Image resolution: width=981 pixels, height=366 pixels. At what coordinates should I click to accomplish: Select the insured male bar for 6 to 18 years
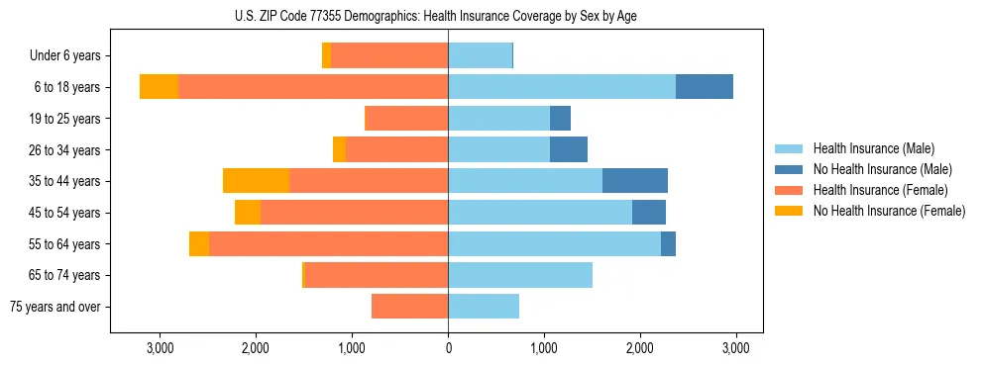point(562,87)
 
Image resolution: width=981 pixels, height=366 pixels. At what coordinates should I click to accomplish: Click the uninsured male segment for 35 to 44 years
point(635,181)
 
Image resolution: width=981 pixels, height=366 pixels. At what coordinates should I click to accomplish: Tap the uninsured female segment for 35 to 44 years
point(256,181)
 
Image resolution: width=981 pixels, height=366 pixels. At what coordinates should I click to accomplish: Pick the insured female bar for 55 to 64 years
point(328,243)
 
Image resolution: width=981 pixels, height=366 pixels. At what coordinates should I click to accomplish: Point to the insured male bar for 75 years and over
point(484,307)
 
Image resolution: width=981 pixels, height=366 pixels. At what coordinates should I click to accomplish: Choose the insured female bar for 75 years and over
point(409,307)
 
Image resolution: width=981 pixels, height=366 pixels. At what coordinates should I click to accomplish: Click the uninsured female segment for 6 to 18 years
point(159,87)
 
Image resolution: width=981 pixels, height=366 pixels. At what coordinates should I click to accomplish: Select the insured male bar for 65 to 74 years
point(520,275)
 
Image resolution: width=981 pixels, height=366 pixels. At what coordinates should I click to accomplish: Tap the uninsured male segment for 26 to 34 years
point(569,149)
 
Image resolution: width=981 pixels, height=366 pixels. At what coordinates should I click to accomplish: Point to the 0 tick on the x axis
point(448,348)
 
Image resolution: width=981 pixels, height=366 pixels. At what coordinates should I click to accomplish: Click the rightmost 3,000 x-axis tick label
point(734,348)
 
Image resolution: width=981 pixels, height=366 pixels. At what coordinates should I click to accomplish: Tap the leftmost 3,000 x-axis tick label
point(161,348)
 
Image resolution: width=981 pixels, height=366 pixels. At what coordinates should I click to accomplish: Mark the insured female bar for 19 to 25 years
point(406,119)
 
